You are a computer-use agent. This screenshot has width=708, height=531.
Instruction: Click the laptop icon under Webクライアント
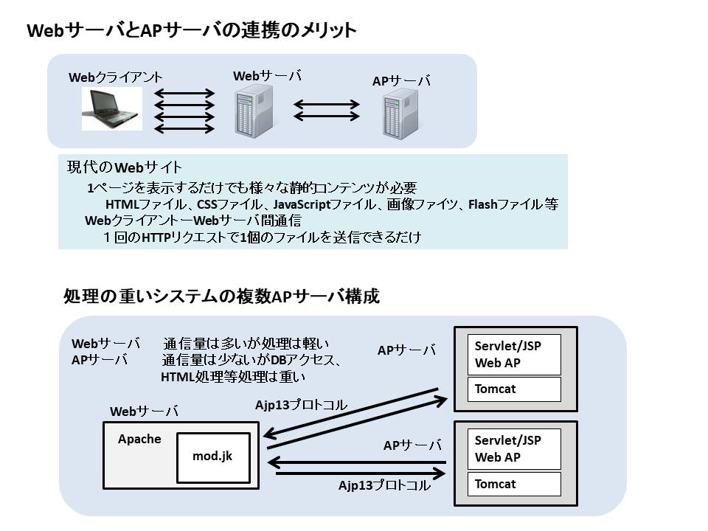click(x=113, y=110)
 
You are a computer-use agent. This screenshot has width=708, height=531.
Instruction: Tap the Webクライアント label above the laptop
click(x=116, y=77)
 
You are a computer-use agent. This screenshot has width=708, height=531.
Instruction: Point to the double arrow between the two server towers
click(x=327, y=110)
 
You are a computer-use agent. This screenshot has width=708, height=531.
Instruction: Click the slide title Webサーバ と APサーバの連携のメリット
click(x=192, y=30)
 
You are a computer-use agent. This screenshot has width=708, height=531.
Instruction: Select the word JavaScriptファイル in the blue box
click(x=324, y=204)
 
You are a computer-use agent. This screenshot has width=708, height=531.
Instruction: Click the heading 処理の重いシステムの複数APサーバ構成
click(x=221, y=297)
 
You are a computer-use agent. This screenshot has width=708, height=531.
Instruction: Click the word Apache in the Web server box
click(x=139, y=439)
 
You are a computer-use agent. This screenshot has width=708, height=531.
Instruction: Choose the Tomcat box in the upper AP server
click(x=515, y=389)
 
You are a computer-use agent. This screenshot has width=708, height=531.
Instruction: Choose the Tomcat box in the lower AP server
click(x=515, y=484)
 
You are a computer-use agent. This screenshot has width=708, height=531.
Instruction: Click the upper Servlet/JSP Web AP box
click(x=515, y=355)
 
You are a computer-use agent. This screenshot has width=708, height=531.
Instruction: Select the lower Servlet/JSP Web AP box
click(x=515, y=449)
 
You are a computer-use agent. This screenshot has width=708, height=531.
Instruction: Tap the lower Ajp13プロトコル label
click(x=384, y=486)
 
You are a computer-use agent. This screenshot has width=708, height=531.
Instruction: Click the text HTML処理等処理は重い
click(x=233, y=376)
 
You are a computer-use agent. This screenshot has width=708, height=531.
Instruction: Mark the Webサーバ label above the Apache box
click(x=144, y=412)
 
